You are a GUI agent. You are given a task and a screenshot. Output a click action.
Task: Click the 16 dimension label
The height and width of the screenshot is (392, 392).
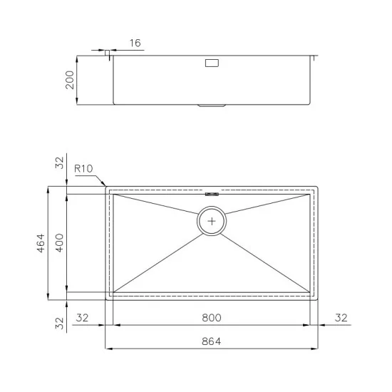[x=135, y=43]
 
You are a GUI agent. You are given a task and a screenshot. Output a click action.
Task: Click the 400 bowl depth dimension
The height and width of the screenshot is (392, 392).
[x=61, y=243]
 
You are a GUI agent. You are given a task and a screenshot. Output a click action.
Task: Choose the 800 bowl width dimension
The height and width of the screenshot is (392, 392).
[x=211, y=317]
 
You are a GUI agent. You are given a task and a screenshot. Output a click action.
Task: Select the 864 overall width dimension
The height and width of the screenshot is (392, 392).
[x=211, y=341]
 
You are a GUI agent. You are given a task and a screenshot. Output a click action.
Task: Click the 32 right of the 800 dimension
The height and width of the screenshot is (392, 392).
[x=340, y=317]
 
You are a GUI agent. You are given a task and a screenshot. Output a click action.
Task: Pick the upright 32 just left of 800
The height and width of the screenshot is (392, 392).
[x=82, y=317]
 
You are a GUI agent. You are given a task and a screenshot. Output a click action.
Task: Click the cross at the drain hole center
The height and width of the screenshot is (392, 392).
[x=212, y=222]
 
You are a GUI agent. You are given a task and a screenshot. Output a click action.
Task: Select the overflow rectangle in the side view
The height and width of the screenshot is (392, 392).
[x=212, y=63]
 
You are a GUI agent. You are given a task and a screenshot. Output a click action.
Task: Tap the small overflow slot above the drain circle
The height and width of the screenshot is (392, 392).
[x=212, y=193]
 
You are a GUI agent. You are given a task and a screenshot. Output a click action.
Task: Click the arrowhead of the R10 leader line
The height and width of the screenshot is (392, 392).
[x=107, y=185]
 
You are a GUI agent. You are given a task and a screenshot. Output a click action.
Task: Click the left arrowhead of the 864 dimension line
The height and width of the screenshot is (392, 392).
[x=108, y=349]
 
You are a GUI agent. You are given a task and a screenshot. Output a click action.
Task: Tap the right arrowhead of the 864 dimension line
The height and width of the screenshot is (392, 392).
[x=316, y=349]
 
